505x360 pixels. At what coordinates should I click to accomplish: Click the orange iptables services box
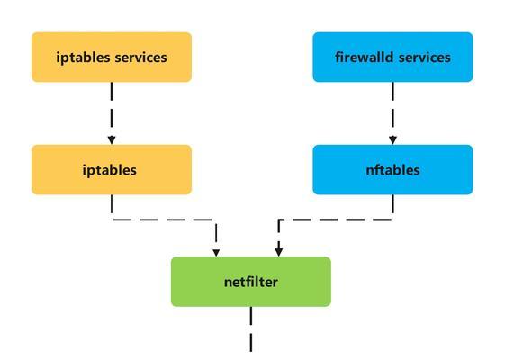click(x=112, y=57)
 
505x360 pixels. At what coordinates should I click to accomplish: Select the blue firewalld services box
click(x=392, y=57)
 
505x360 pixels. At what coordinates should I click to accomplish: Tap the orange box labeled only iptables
click(x=112, y=170)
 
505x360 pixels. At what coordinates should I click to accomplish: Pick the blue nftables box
click(x=392, y=170)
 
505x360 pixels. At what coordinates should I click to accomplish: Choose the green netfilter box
click(x=251, y=282)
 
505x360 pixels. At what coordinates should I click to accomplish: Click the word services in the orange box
click(x=140, y=58)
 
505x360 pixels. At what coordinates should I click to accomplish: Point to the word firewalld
click(x=365, y=58)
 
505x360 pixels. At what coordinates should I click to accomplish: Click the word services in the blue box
click(x=425, y=58)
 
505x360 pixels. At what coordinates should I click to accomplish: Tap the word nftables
click(x=392, y=170)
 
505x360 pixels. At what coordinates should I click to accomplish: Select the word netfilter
click(x=251, y=282)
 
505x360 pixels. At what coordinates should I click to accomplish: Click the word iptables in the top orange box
click(x=84, y=58)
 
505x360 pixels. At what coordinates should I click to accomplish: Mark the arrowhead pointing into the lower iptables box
click(x=112, y=140)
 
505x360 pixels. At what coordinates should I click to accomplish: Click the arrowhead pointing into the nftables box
click(x=392, y=140)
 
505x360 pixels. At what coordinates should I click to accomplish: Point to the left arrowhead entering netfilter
click(x=216, y=253)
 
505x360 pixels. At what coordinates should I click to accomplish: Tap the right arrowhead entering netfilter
click(x=279, y=252)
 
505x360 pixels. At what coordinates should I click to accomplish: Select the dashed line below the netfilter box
click(x=251, y=329)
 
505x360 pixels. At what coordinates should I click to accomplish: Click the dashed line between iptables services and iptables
click(x=112, y=109)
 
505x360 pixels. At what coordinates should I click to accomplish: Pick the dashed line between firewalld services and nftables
click(x=392, y=109)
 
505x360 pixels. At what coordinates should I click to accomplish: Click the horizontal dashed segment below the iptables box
click(x=164, y=220)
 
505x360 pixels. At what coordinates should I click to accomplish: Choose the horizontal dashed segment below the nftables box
click(x=336, y=220)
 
